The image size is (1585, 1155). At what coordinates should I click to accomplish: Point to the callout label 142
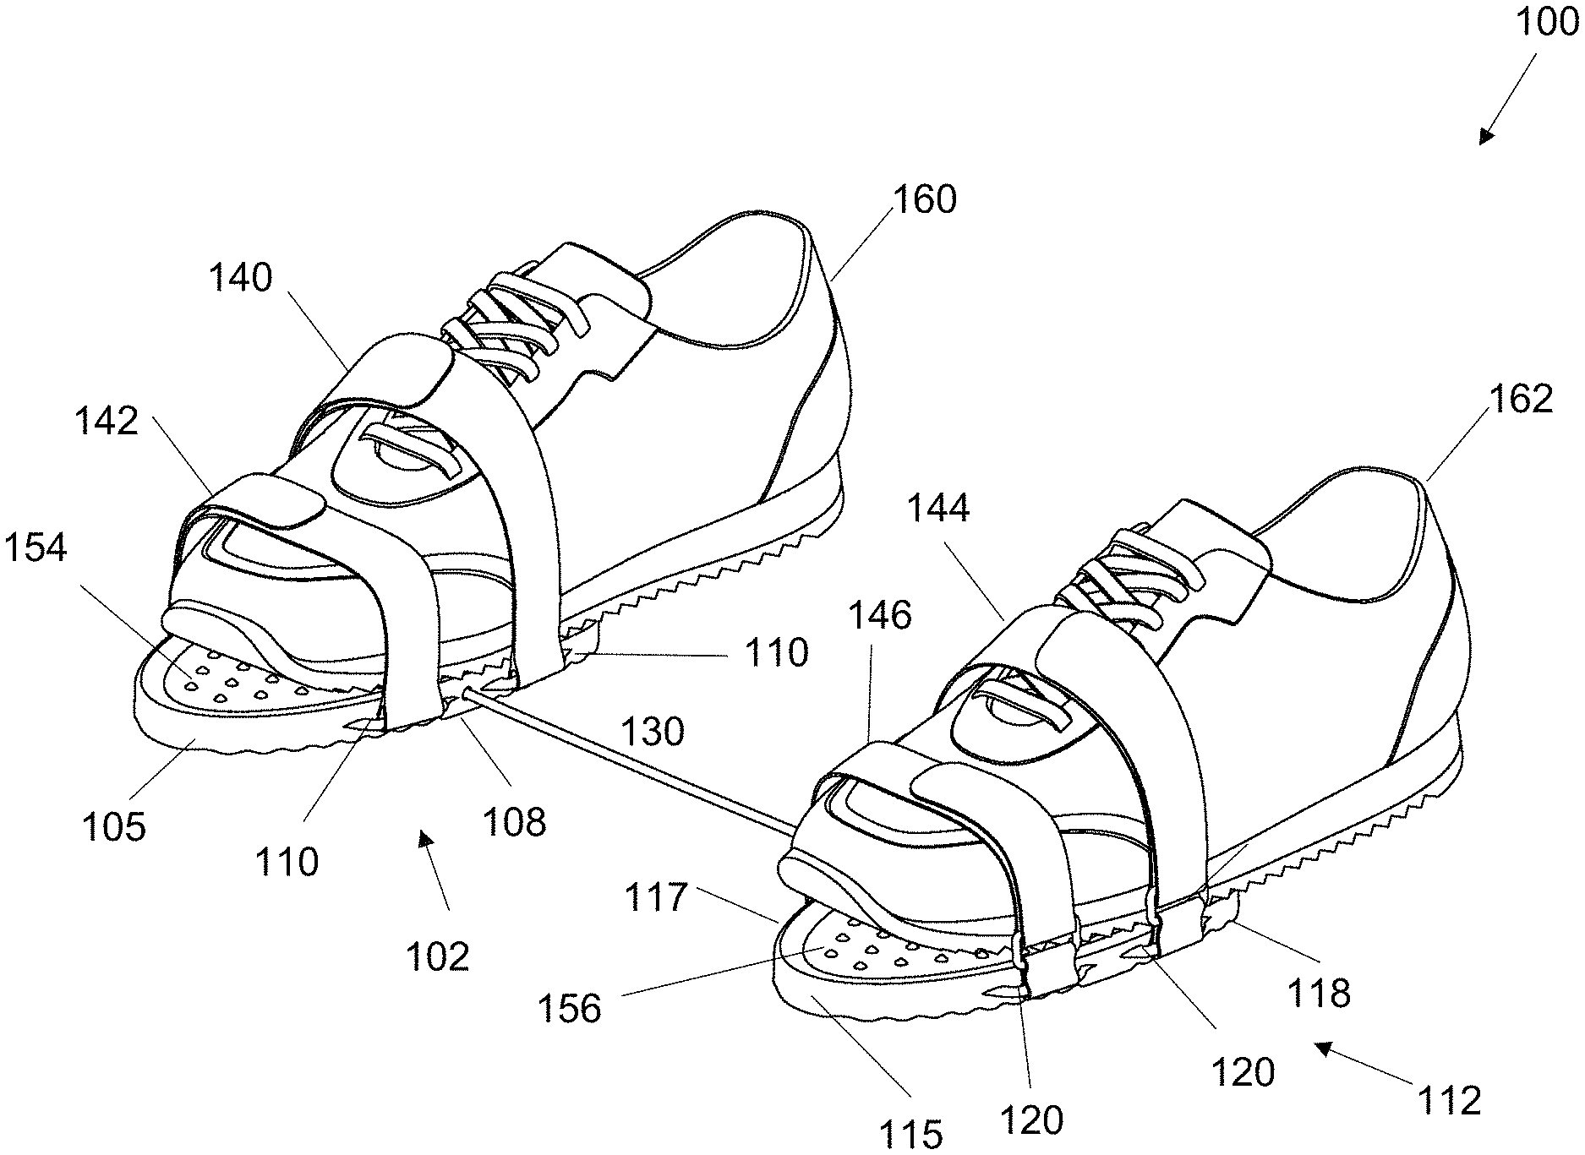coord(107,420)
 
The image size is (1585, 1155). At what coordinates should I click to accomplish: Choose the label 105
coord(113,826)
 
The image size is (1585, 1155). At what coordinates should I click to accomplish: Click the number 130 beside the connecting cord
coord(652,731)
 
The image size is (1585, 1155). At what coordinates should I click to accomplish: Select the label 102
coord(437,956)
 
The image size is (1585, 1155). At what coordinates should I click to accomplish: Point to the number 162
coord(1521,399)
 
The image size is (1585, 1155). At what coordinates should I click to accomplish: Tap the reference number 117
coord(655,896)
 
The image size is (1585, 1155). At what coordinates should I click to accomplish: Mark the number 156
coord(571,1008)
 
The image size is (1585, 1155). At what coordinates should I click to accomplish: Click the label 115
coord(910,1132)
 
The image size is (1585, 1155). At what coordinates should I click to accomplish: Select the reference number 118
coord(1320,994)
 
